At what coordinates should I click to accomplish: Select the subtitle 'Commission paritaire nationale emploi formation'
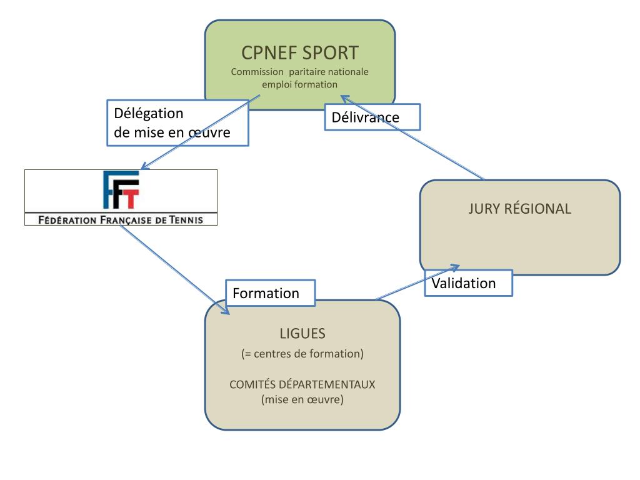tap(299, 77)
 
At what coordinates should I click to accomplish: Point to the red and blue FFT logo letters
tap(121, 191)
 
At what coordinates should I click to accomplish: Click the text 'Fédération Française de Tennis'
tap(121, 219)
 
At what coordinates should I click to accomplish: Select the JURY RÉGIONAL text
tap(519, 209)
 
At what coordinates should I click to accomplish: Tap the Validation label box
tap(468, 282)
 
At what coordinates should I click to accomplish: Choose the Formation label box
tap(269, 292)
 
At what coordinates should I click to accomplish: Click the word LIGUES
tap(302, 334)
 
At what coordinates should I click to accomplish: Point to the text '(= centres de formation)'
tap(302, 354)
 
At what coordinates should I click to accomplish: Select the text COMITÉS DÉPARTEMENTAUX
tap(302, 384)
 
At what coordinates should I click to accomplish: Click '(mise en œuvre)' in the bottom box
tap(302, 399)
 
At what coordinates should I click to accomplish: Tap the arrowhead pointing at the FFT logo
tap(144, 167)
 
